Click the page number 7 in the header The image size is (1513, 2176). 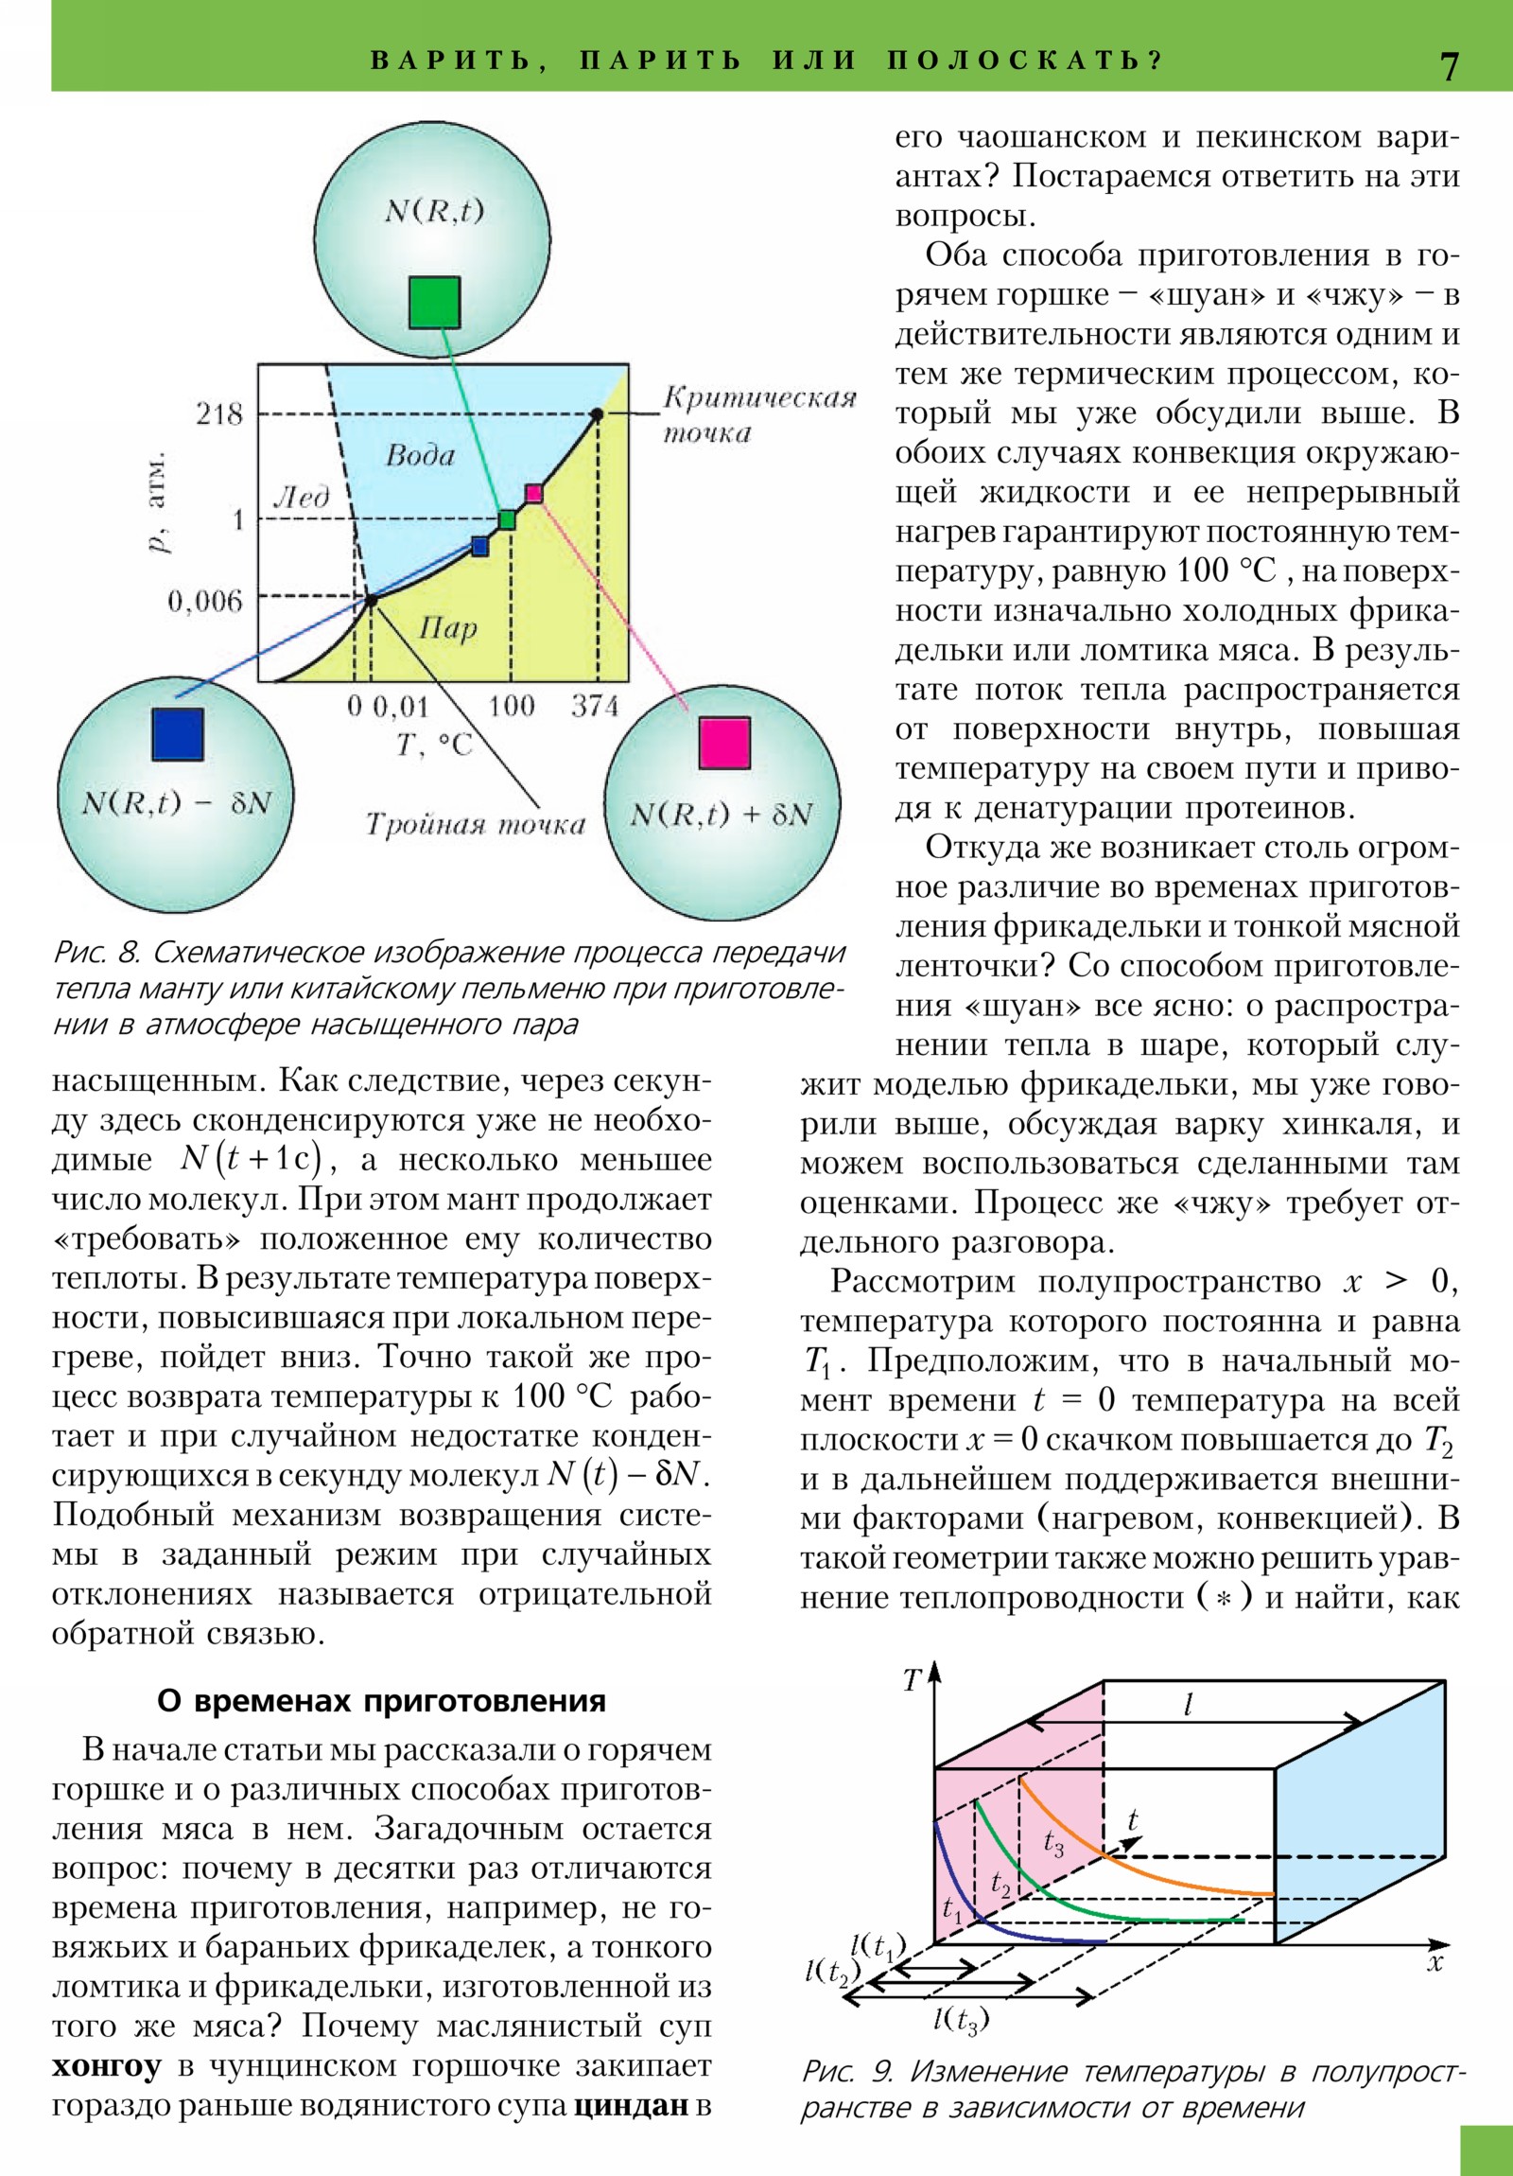[1449, 66]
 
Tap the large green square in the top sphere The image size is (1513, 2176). [435, 303]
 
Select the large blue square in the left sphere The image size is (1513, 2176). [178, 733]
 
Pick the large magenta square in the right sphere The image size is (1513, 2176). [724, 743]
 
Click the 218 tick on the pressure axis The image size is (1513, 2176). [219, 414]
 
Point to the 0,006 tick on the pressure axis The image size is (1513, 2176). [204, 601]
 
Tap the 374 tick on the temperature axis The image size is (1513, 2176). [595, 705]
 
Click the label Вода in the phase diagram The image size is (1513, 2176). [421, 456]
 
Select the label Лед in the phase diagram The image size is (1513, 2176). [302, 497]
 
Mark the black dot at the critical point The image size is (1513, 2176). [597, 413]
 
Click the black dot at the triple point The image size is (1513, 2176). [372, 599]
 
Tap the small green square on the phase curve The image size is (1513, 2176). [508, 519]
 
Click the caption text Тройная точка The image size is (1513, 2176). [476, 825]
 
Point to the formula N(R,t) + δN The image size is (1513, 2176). [722, 815]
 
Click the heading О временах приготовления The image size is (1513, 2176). [381, 1700]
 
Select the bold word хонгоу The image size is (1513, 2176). [106, 2066]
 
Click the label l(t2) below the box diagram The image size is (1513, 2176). [832, 1973]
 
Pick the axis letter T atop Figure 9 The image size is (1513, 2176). [912, 1681]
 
